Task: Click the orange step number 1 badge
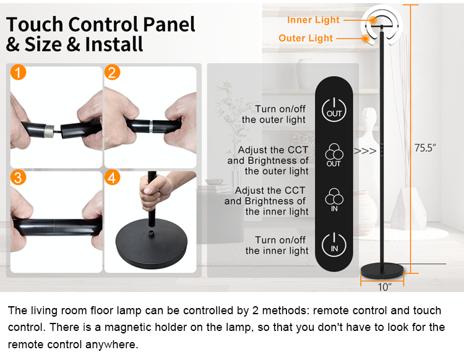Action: [19, 72]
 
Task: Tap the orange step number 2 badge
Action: [112, 72]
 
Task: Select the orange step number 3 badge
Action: [19, 178]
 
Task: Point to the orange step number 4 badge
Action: [112, 178]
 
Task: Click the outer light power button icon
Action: [334, 110]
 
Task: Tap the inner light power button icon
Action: [334, 245]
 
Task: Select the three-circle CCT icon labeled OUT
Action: [334, 155]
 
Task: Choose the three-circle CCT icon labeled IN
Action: [334, 200]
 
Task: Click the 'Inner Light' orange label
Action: [313, 20]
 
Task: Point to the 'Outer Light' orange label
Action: [306, 38]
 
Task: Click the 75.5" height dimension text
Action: [425, 148]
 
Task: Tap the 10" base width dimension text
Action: [384, 286]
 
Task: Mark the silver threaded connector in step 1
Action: [49, 131]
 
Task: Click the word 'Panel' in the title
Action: [169, 24]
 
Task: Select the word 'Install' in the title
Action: [114, 45]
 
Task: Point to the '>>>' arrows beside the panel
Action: [365, 151]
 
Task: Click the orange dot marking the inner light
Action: [373, 20]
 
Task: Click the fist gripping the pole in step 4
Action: [155, 194]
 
